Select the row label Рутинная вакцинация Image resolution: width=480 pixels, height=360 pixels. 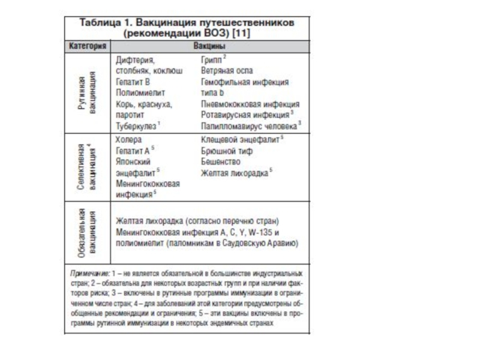[x=88, y=93]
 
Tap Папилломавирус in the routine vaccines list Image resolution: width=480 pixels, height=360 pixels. [x=235, y=127]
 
